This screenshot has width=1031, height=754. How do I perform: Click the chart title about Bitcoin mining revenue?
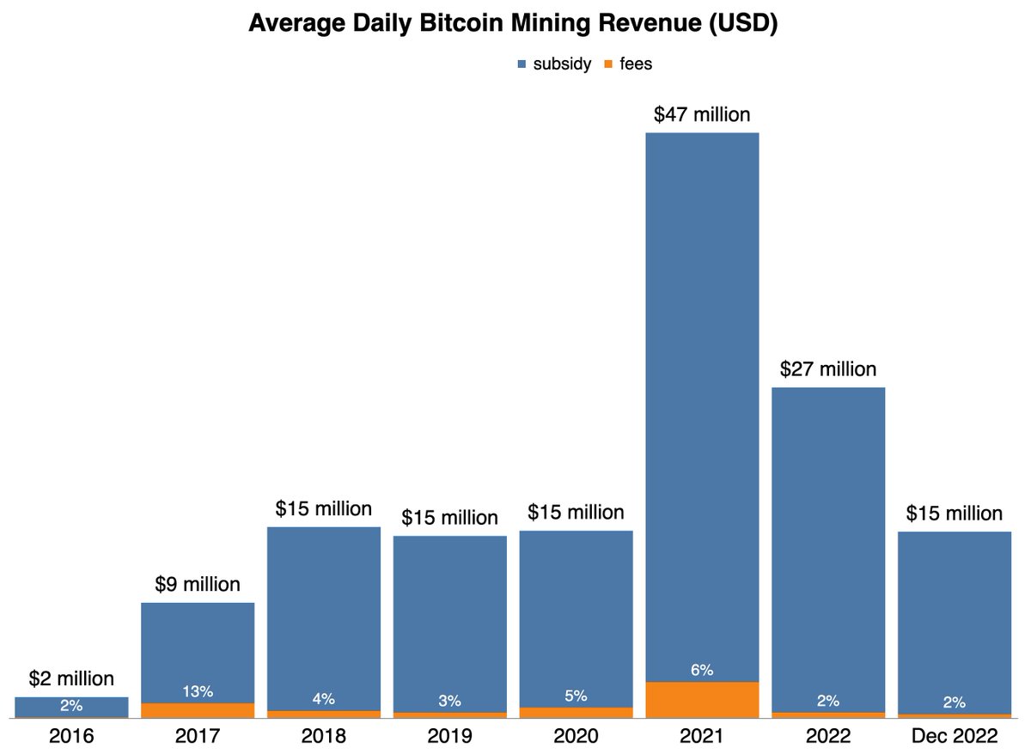pyautogui.click(x=513, y=24)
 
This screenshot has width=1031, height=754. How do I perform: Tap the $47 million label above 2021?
pyautogui.click(x=702, y=115)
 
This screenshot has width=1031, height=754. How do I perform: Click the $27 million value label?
pyautogui.click(x=828, y=369)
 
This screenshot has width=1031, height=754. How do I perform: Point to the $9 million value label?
pyautogui.click(x=198, y=585)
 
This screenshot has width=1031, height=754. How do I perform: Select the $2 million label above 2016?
pyautogui.click(x=71, y=679)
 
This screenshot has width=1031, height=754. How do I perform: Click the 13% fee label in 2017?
pyautogui.click(x=198, y=691)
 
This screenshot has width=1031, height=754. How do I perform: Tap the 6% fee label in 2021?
pyautogui.click(x=702, y=670)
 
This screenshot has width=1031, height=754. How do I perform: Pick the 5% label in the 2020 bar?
pyautogui.click(x=576, y=696)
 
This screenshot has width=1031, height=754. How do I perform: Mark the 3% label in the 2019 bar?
pyautogui.click(x=449, y=700)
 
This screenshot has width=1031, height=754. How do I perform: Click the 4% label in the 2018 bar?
pyautogui.click(x=324, y=698)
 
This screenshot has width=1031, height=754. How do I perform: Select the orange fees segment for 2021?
pyautogui.click(x=702, y=699)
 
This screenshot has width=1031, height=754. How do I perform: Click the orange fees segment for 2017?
pyautogui.click(x=198, y=710)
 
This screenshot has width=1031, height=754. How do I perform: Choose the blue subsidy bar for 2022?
pyautogui.click(x=828, y=550)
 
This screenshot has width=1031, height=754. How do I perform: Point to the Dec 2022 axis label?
pyautogui.click(x=955, y=737)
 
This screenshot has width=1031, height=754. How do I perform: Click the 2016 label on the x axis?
pyautogui.click(x=71, y=737)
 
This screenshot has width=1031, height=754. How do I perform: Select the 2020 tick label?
pyautogui.click(x=576, y=737)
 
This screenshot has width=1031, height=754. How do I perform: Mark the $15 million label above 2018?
pyautogui.click(x=324, y=508)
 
